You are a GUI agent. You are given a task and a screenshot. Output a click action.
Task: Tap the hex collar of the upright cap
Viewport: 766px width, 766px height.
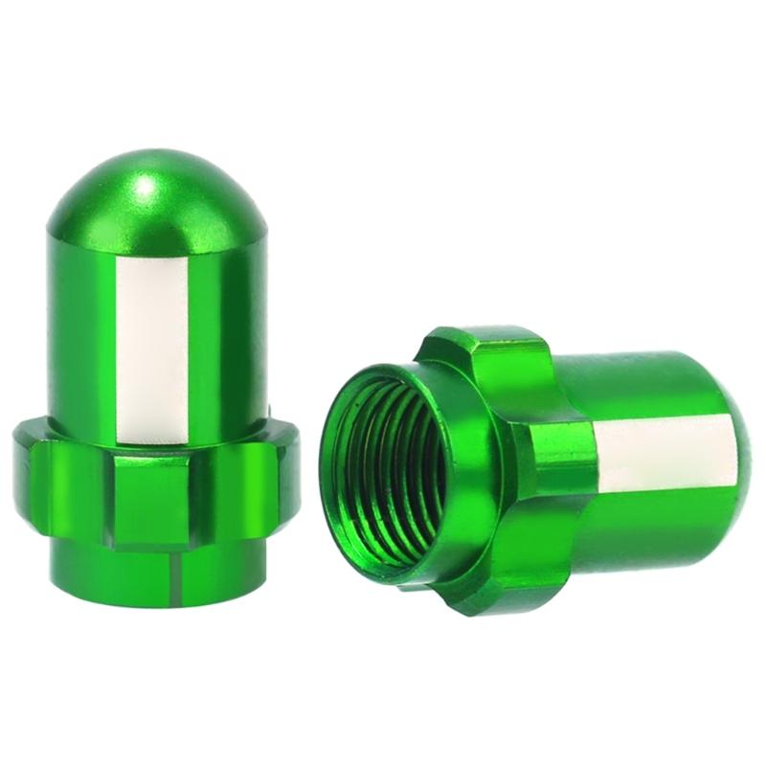tap(153, 488)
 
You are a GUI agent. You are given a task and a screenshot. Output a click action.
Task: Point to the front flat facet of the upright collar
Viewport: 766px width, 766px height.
tap(144, 498)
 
